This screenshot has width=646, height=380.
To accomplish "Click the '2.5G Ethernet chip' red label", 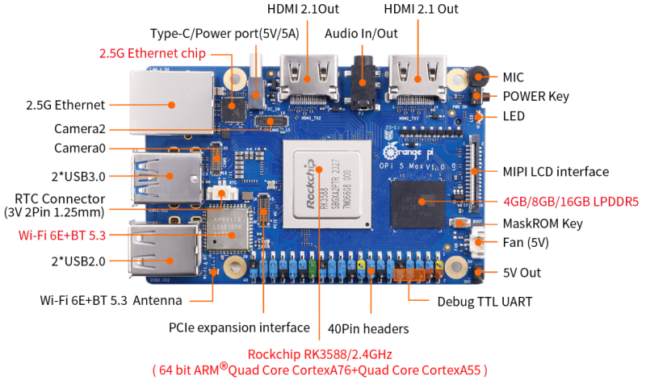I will click(x=152, y=54).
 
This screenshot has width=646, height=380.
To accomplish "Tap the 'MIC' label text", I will click(x=513, y=77).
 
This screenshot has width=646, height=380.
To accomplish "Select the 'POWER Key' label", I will click(x=535, y=96).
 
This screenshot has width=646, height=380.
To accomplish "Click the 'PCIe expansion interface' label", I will click(x=239, y=328).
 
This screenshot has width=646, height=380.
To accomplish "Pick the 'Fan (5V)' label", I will click(x=524, y=242).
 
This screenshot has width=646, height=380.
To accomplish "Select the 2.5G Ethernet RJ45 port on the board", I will click(x=172, y=102).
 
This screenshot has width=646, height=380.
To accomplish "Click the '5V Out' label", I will click(x=519, y=273).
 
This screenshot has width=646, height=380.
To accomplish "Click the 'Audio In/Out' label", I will click(x=361, y=34).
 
